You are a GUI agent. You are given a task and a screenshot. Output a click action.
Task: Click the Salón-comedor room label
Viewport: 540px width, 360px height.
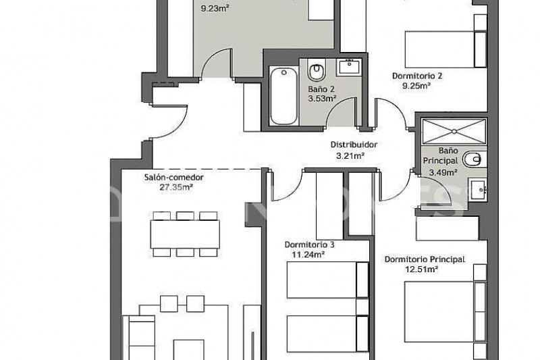[x=174, y=178]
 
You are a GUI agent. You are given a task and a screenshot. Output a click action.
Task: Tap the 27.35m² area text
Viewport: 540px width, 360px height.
[x=176, y=187]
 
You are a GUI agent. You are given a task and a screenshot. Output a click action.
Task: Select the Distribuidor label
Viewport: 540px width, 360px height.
[x=354, y=145]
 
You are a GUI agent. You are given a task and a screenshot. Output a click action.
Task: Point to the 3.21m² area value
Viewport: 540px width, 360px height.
[x=350, y=156]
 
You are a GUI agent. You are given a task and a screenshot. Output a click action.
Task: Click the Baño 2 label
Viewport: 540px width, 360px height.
[x=321, y=89]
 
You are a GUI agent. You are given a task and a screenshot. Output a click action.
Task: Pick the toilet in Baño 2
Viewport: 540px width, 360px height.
[x=317, y=70]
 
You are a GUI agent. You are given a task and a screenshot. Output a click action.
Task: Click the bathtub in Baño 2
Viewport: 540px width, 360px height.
[x=283, y=96]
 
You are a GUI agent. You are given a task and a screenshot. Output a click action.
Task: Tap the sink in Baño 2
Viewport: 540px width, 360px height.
[x=349, y=67]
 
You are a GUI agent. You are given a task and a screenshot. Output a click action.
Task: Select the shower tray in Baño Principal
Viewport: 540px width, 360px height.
[x=454, y=131]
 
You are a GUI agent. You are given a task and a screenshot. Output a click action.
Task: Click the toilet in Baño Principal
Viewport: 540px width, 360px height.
[x=475, y=159]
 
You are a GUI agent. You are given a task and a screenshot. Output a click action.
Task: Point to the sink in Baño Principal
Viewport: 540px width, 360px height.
[x=478, y=190]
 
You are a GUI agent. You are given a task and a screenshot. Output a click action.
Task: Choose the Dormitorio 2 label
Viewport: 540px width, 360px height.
[x=417, y=76]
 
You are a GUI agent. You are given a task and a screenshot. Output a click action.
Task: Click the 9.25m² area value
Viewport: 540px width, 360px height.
[x=416, y=86]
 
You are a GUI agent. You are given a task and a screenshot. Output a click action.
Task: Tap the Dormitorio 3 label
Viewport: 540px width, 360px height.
[x=309, y=245]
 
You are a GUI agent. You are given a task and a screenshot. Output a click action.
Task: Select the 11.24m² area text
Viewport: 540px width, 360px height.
[x=308, y=255]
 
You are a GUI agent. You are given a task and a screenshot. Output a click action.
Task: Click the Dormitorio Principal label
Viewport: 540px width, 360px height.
[x=425, y=259]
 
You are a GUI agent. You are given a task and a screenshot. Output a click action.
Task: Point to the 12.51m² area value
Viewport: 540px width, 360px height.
[x=422, y=269]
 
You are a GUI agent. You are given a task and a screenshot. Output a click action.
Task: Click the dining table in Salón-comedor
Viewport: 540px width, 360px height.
[x=185, y=234]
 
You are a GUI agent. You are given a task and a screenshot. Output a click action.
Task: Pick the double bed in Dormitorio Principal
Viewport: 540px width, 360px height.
[x=446, y=312]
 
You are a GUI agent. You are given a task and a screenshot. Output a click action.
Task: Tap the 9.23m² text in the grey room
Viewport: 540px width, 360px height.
[x=215, y=8]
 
